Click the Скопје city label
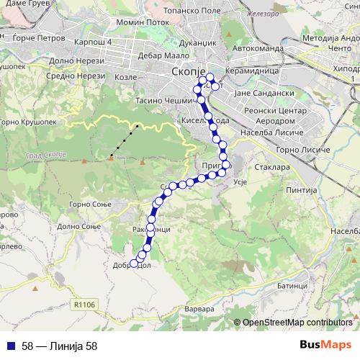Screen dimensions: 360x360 [189, 72]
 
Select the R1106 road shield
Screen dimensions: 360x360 [84, 305]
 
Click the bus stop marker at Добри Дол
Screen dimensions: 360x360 [134, 263]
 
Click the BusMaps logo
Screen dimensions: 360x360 [325, 345]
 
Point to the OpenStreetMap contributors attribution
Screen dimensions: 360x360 [297, 323]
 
